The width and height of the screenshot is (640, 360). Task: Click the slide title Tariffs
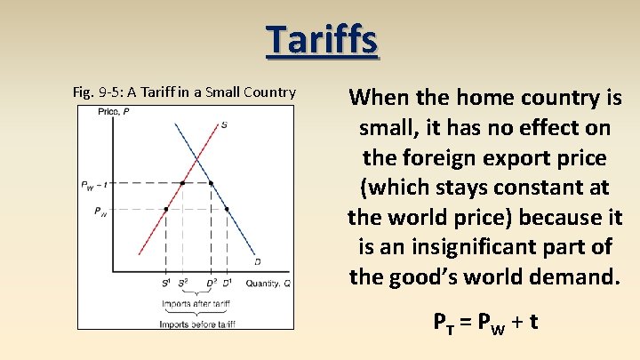click(322, 39)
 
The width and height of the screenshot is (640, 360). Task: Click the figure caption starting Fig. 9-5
click(183, 92)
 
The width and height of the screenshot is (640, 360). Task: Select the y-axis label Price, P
click(113, 112)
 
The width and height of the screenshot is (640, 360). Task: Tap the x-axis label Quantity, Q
click(268, 283)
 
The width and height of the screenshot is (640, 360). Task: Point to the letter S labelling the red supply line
click(223, 124)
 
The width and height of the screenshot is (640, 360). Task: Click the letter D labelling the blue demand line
click(257, 261)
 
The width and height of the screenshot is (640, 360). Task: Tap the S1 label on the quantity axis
click(165, 283)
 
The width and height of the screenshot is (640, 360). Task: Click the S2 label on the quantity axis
click(183, 283)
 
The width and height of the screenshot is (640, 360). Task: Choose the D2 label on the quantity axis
click(212, 283)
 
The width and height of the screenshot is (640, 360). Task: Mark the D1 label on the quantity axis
click(228, 283)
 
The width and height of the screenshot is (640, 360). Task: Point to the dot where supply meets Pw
click(166, 210)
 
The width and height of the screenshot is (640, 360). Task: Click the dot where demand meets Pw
click(227, 210)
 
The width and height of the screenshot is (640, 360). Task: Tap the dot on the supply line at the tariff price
click(182, 184)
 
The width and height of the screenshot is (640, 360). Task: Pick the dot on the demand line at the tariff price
click(211, 184)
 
